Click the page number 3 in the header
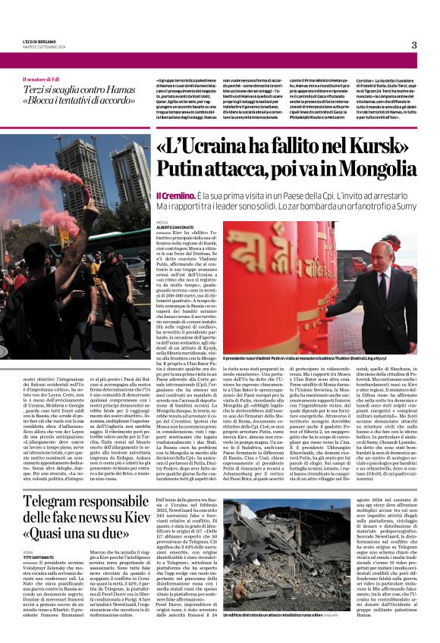[414, 45]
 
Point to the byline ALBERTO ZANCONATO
[174, 227]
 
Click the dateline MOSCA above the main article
[162, 223]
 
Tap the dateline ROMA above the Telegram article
[28, 552]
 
